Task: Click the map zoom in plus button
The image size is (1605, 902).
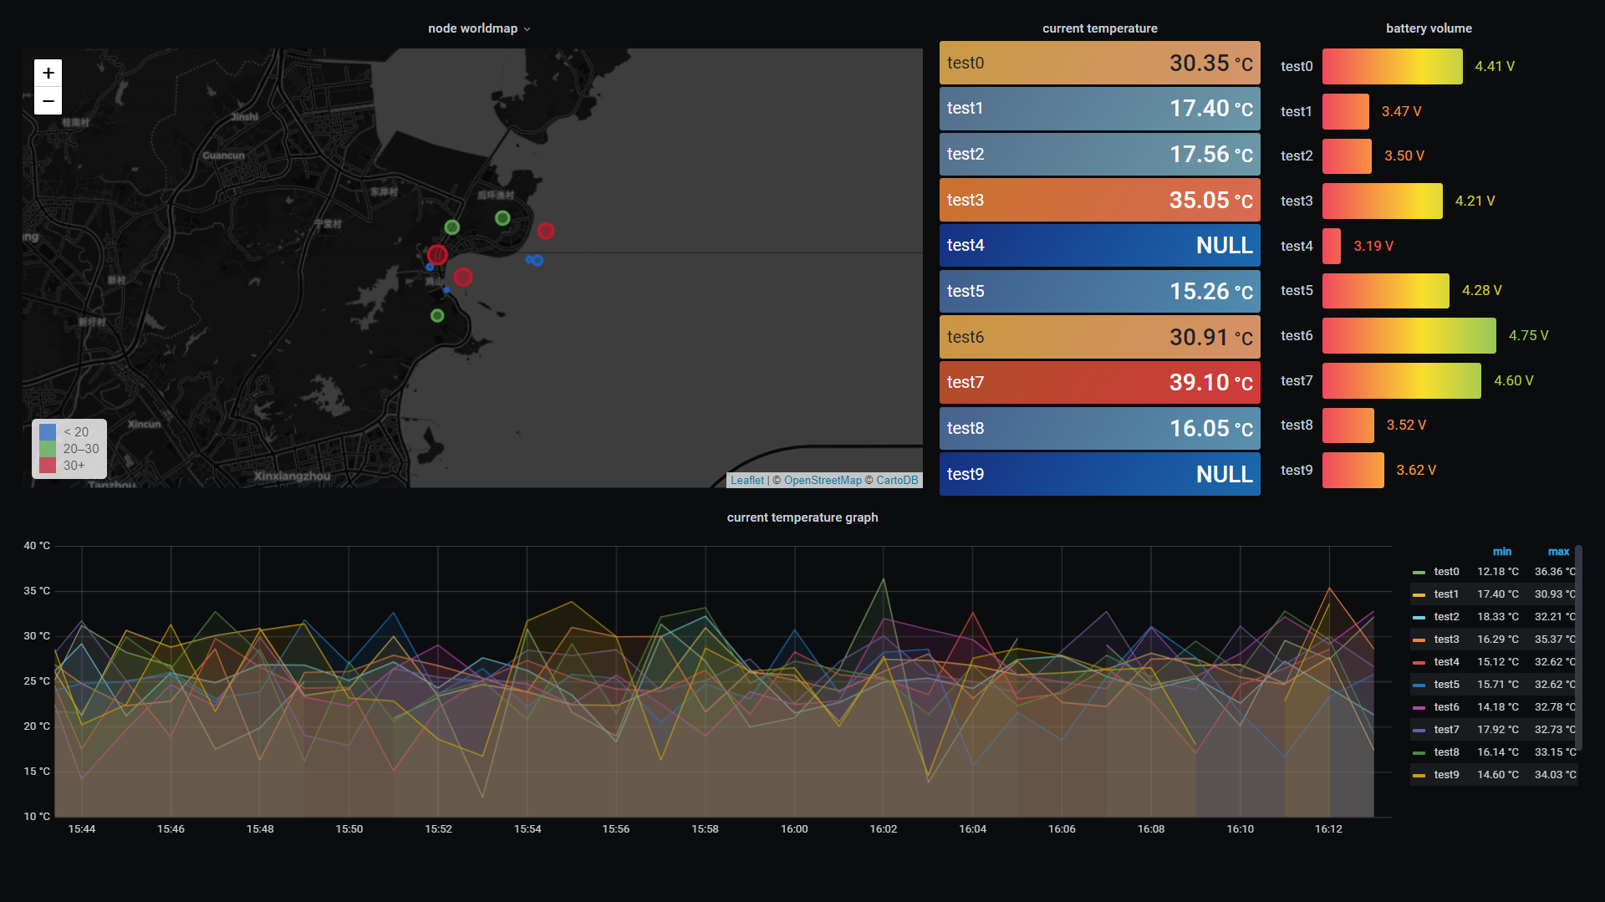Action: (x=48, y=74)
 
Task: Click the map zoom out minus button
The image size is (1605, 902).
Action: (x=48, y=101)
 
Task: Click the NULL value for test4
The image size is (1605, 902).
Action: (x=1224, y=246)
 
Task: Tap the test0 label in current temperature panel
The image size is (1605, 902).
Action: (x=966, y=64)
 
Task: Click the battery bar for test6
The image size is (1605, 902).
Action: (x=1409, y=336)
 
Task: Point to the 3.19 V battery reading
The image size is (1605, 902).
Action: (x=1373, y=247)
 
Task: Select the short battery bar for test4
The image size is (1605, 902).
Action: (x=1332, y=247)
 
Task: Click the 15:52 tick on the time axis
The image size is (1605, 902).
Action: (x=438, y=829)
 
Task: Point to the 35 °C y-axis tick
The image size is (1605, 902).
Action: (x=37, y=591)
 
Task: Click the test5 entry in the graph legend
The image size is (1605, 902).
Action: (x=1446, y=685)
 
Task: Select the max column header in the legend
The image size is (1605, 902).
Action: (x=1558, y=552)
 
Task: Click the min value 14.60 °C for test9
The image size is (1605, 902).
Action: (x=1497, y=775)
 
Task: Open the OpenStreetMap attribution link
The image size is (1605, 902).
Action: (x=822, y=481)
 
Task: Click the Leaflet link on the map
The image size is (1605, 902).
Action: (x=746, y=481)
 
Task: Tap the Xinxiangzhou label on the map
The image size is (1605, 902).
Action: (x=292, y=476)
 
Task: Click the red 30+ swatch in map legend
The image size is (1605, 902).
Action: (x=48, y=466)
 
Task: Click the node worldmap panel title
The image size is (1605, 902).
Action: (x=473, y=28)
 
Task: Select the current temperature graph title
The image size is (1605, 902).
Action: (x=802, y=517)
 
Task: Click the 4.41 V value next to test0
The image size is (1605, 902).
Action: (x=1494, y=67)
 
